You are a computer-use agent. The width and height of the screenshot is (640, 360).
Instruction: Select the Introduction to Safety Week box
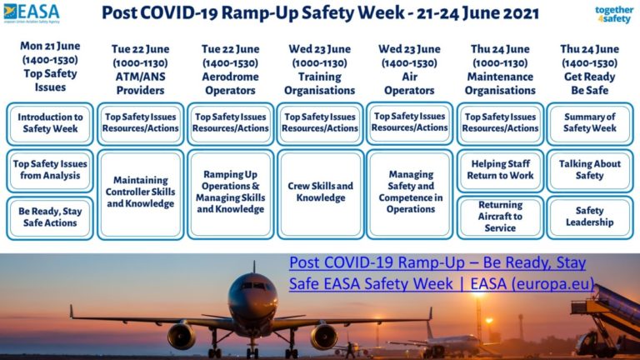(x=51, y=123)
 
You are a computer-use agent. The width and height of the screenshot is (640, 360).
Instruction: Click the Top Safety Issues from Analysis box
(x=51, y=170)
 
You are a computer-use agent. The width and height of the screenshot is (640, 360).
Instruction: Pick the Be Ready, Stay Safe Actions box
(x=51, y=217)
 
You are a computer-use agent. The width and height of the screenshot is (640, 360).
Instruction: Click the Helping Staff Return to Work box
(x=500, y=170)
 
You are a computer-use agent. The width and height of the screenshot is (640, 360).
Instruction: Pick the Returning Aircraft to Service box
(x=500, y=217)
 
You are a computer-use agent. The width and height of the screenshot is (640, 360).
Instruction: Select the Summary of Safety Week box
(x=589, y=123)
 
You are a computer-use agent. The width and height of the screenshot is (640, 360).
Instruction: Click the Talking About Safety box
(x=589, y=170)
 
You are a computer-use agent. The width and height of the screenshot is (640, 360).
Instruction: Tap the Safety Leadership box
(x=589, y=217)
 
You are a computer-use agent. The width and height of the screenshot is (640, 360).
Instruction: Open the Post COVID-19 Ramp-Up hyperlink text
(x=442, y=273)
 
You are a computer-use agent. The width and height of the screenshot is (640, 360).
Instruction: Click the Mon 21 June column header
(x=51, y=66)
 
